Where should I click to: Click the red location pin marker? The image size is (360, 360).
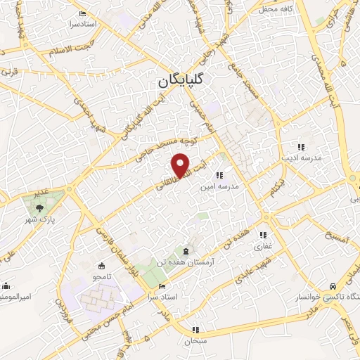click(181, 164)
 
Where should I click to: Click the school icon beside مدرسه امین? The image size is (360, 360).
click(219, 175)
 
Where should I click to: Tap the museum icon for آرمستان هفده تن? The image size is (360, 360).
click(185, 252)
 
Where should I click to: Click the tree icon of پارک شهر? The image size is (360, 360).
click(39, 207)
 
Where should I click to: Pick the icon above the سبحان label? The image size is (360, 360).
click(195, 329)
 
